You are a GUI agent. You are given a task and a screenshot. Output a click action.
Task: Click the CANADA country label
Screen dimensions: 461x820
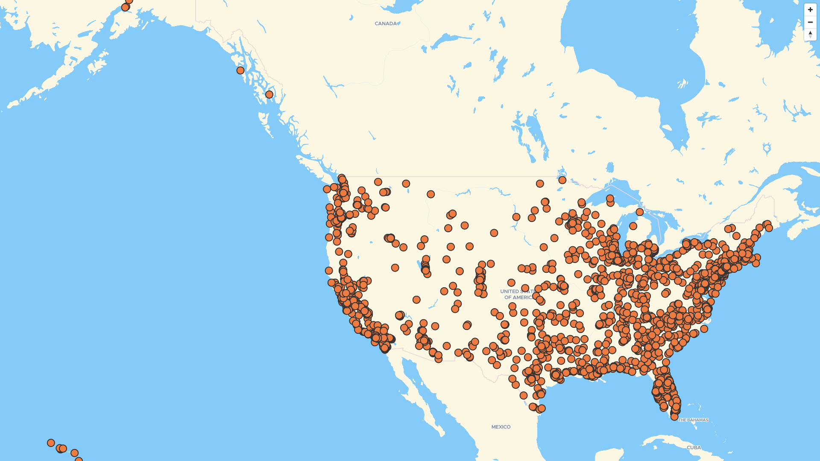tap(386, 23)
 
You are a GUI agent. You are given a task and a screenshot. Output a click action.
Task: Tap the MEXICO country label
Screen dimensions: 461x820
tap(501, 427)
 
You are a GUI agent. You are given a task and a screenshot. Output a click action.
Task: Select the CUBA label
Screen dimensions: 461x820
tap(694, 447)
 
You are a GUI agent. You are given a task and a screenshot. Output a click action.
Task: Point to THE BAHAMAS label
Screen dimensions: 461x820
tap(693, 420)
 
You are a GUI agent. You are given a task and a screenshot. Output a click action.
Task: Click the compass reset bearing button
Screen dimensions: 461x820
tap(810, 35)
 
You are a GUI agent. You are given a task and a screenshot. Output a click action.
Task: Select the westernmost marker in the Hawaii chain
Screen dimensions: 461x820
tap(51, 443)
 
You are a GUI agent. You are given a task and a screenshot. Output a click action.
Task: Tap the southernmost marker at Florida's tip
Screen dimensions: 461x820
tap(674, 417)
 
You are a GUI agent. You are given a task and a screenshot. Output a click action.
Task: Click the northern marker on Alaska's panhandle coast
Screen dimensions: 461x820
tap(240, 70)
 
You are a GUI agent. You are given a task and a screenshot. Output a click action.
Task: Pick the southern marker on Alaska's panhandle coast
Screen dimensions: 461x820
tap(269, 94)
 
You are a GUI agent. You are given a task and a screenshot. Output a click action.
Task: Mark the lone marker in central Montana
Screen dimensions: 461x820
tap(430, 194)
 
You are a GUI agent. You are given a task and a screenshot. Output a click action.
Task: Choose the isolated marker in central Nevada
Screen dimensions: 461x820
tap(395, 268)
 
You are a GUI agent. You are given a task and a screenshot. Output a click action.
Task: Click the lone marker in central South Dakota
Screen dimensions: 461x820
tap(494, 233)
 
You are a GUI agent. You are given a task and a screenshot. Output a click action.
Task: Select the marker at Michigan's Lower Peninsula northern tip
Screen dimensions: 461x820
tap(639, 212)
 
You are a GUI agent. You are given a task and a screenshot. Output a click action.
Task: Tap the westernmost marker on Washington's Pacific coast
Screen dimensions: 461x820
tap(327, 189)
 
